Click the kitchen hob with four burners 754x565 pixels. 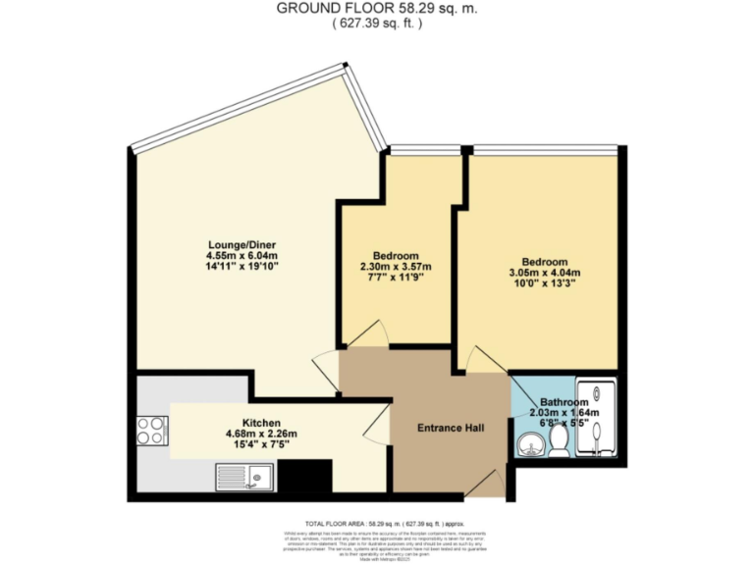point(151,430)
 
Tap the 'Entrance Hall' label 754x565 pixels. point(450,429)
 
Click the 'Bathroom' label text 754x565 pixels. point(564,403)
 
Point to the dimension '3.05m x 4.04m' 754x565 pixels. point(544,274)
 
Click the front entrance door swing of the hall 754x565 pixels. point(486,482)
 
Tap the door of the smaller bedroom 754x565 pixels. point(366,334)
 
